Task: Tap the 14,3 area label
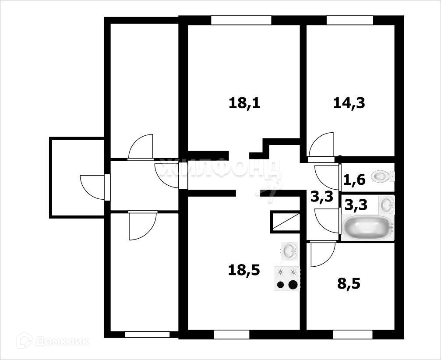[x=349, y=103]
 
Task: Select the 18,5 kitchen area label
[x=244, y=270]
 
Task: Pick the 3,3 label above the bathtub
[x=356, y=205]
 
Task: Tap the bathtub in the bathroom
[x=367, y=227]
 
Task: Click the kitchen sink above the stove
[x=289, y=251]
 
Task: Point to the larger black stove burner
[x=293, y=285]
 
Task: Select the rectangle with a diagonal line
[x=285, y=221]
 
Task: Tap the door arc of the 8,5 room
[x=322, y=255]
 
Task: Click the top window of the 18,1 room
[x=241, y=20]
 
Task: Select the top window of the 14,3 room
[x=349, y=20]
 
